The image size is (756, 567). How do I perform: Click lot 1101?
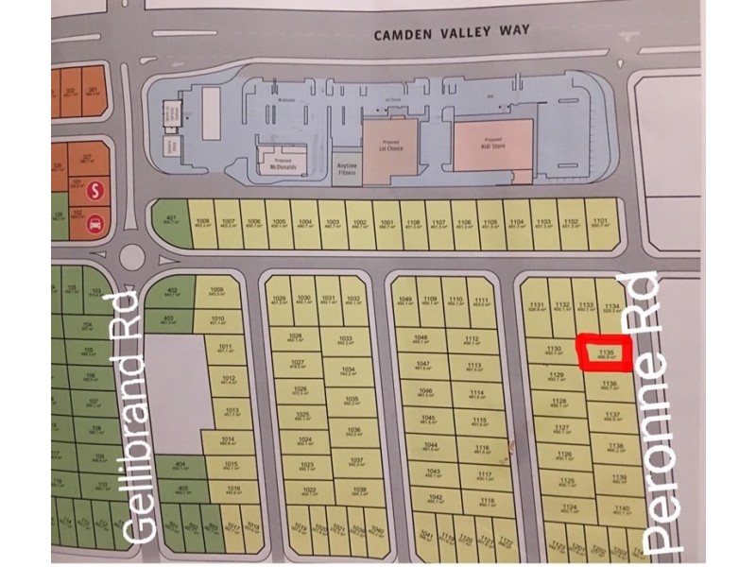[599, 224]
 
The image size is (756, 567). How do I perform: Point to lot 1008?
[202, 224]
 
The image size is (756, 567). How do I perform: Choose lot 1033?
[344, 340]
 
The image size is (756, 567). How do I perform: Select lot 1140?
[621, 511]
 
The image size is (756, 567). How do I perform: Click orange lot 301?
[93, 92]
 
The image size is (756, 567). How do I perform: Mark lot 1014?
[227, 440]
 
